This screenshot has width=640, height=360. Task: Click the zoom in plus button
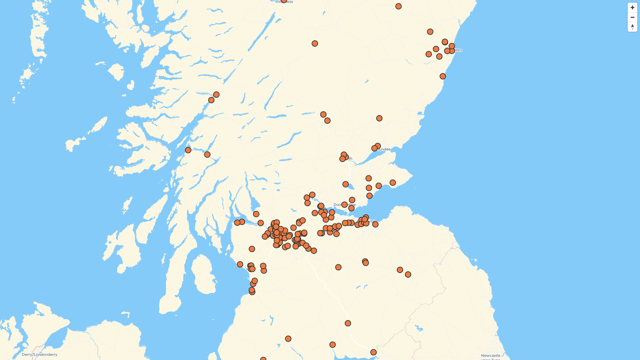click(632, 8)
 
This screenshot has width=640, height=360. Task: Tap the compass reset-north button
click(632, 27)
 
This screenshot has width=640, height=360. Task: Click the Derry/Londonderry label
click(40, 355)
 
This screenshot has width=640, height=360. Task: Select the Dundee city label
click(384, 149)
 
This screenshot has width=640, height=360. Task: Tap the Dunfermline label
click(345, 205)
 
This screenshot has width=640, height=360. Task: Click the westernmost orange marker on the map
click(188, 150)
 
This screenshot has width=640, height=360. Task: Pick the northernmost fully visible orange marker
click(398, 6)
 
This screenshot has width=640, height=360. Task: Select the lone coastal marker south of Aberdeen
click(443, 76)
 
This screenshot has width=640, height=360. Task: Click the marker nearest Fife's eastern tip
click(393, 183)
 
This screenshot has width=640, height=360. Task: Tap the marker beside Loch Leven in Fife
click(346, 184)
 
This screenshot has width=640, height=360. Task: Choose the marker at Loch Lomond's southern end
click(256, 214)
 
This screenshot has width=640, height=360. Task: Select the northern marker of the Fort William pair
click(216, 95)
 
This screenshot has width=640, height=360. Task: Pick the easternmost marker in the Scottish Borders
click(408, 274)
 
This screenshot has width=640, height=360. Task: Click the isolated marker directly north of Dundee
click(379, 118)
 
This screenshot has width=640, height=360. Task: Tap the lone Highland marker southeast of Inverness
click(315, 44)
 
